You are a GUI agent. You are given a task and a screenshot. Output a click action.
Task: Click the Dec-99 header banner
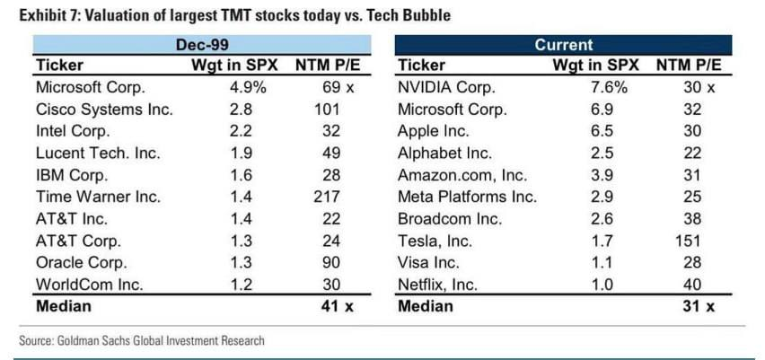tap(201, 44)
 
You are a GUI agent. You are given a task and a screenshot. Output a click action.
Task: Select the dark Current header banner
tap(564, 44)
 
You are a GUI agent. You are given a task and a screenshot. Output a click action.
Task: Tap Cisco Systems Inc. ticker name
tap(103, 110)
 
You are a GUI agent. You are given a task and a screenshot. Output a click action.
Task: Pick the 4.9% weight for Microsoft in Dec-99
tap(248, 88)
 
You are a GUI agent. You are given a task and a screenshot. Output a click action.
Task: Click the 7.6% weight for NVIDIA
tap(608, 88)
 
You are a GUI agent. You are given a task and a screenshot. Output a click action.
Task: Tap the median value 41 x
tap(324, 305)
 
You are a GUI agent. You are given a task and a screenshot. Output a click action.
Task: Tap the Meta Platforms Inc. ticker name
tap(467, 197)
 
